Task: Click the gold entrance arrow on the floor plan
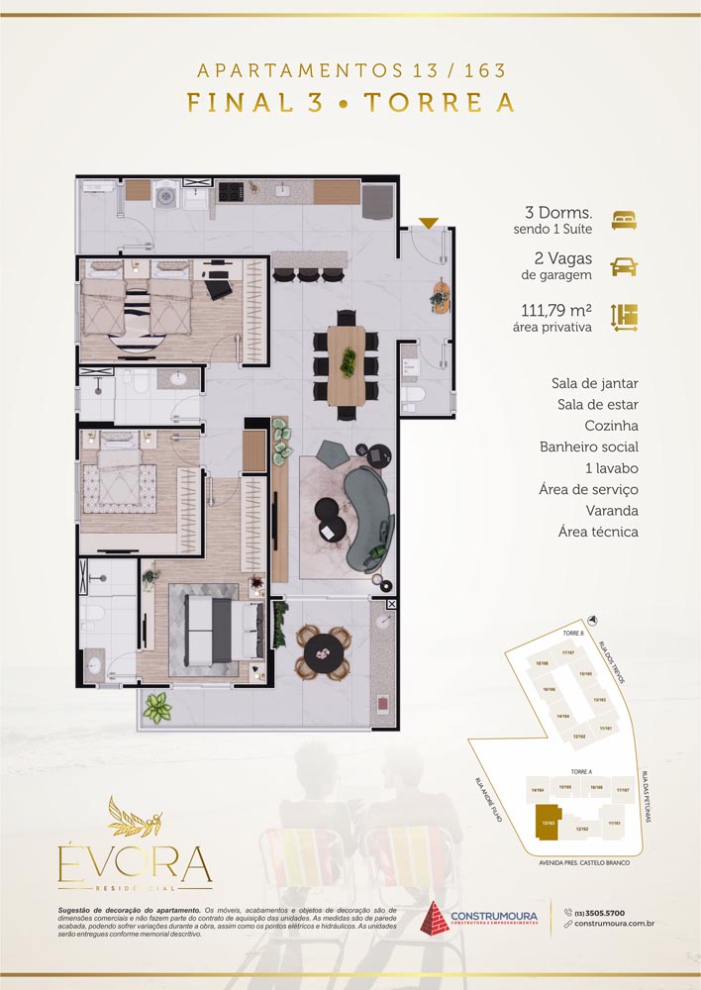[x=427, y=223]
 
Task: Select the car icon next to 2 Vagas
[x=624, y=266]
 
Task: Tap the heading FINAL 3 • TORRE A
[x=350, y=104]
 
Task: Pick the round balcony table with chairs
[x=322, y=650]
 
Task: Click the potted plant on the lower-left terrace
[x=156, y=708]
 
